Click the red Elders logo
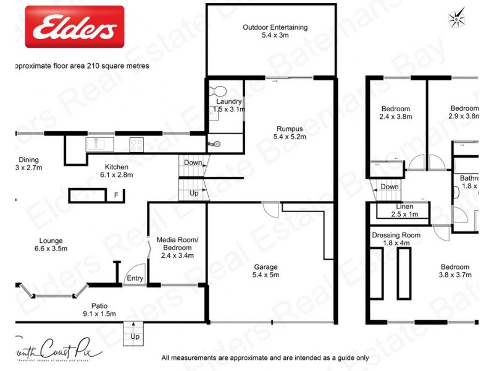pyautogui.click(x=74, y=27)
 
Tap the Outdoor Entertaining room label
pyautogui.click(x=275, y=32)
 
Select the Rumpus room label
pyautogui.click(x=290, y=132)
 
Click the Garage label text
pyautogui.click(x=266, y=271)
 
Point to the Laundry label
pyautogui.click(x=229, y=105)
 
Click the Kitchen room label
pyautogui.click(x=116, y=171)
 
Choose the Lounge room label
pyautogui.click(x=50, y=244)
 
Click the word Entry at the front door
pyautogui.click(x=135, y=278)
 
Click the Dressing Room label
pyautogui.click(x=396, y=239)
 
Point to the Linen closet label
pyautogui.click(x=405, y=210)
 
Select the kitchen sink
pyautogui.click(x=98, y=145)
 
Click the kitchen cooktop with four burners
pyautogui.click(x=136, y=145)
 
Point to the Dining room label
pyautogui.click(x=28, y=163)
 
